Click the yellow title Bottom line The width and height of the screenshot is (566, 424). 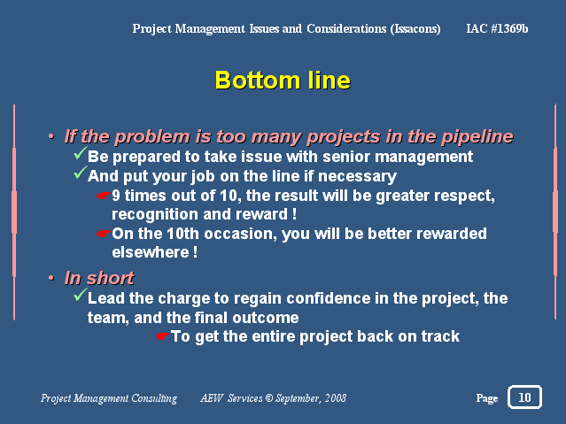(283, 81)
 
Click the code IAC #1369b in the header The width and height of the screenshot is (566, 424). (497, 28)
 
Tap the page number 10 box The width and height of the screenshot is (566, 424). (524, 397)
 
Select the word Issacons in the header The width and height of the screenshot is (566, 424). (415, 29)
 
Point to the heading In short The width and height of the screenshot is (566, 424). (99, 278)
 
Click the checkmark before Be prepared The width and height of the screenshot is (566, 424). (80, 153)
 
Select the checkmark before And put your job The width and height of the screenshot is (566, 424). (80, 173)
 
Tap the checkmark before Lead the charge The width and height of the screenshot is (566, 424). (80, 295)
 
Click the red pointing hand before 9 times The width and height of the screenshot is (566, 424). (104, 196)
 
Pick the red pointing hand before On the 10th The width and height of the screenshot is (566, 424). (104, 234)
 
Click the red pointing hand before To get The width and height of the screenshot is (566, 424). (162, 336)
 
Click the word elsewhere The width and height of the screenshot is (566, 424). (151, 252)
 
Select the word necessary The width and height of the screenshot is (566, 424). (357, 176)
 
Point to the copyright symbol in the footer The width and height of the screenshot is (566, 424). (269, 398)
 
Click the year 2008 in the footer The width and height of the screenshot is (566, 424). (336, 398)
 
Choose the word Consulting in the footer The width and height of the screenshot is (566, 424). (154, 398)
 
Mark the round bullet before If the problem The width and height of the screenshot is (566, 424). (51, 136)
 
